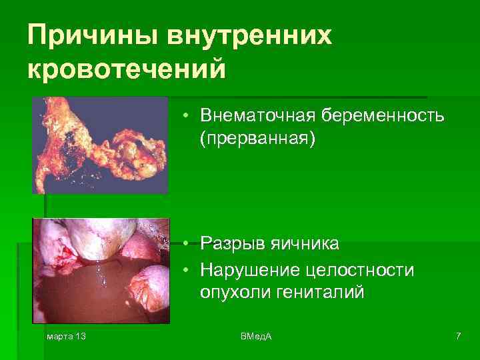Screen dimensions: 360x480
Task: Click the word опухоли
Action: coord(229,293)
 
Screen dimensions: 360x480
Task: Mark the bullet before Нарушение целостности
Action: coord(189,269)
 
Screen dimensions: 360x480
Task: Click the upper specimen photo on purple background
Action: coord(100,145)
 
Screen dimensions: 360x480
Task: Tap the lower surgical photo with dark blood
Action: coord(101,270)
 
